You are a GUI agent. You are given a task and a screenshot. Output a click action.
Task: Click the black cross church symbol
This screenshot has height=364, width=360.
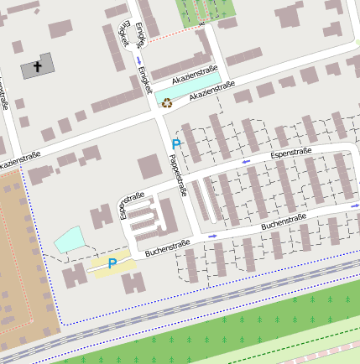click(38, 65)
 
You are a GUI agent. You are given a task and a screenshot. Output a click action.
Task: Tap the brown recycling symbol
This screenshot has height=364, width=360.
click(167, 103)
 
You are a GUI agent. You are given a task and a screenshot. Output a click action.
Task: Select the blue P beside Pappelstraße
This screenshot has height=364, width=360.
click(176, 144)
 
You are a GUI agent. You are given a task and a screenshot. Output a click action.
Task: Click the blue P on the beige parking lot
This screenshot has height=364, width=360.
click(112, 263)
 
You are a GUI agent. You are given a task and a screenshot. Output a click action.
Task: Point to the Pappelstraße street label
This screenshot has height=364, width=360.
click(178, 175)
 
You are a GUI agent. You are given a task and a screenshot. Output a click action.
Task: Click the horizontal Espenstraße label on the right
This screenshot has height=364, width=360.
click(290, 153)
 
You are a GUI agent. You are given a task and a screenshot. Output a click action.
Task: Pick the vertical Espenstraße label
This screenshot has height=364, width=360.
click(133, 205)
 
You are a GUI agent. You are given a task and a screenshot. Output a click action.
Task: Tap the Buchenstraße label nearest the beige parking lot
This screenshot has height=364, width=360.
click(167, 247)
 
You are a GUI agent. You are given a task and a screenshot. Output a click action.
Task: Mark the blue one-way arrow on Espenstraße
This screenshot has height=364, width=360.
click(245, 160)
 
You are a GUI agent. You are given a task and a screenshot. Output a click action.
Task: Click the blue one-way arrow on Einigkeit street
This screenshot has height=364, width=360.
click(138, 60)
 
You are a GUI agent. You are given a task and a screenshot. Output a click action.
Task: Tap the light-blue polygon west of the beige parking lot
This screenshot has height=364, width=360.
click(70, 241)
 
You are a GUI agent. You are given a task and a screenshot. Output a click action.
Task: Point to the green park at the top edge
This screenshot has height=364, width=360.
click(204, 10)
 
